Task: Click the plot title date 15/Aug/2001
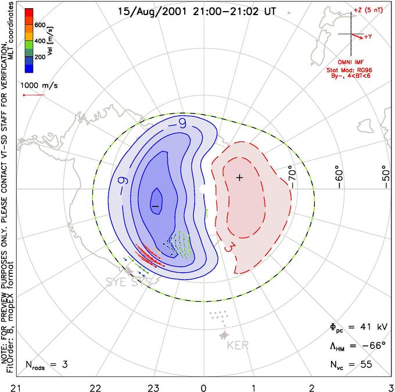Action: (148, 10)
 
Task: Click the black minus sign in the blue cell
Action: (155, 205)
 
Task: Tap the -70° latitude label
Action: (292, 174)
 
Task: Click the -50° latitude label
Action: (383, 174)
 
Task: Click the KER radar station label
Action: (238, 345)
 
